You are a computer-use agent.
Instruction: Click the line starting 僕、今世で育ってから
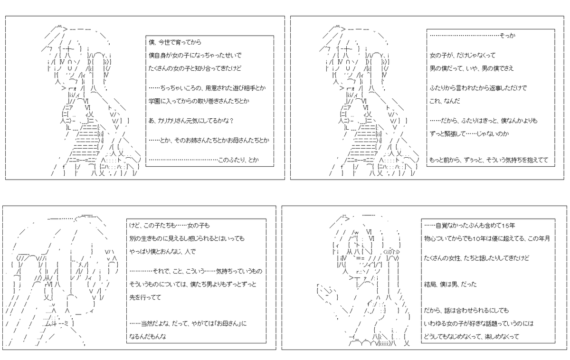coord(175,42)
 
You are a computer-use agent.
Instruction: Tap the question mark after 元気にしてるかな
coord(231,121)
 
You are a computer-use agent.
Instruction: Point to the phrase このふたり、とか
coord(238,160)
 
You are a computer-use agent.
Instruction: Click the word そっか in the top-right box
coord(507,36)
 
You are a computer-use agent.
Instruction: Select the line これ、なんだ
coord(445,101)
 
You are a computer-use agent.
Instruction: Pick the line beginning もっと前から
coord(489,160)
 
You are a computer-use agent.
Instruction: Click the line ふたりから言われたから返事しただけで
coord(478,88)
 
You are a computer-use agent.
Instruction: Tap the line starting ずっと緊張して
coord(469,133)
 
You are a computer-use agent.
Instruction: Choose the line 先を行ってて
coord(145,297)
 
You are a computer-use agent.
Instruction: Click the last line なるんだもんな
coord(148,336)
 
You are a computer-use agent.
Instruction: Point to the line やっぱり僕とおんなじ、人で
coord(162,252)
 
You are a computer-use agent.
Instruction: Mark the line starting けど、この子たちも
coord(170,226)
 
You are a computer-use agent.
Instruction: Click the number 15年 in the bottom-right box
coord(508,226)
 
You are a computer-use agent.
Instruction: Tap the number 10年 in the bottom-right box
coord(479,238)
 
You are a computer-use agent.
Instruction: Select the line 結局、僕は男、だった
coord(450,284)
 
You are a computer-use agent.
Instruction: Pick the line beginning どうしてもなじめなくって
coord(471,336)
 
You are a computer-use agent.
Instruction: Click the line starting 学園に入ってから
coord(199,101)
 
